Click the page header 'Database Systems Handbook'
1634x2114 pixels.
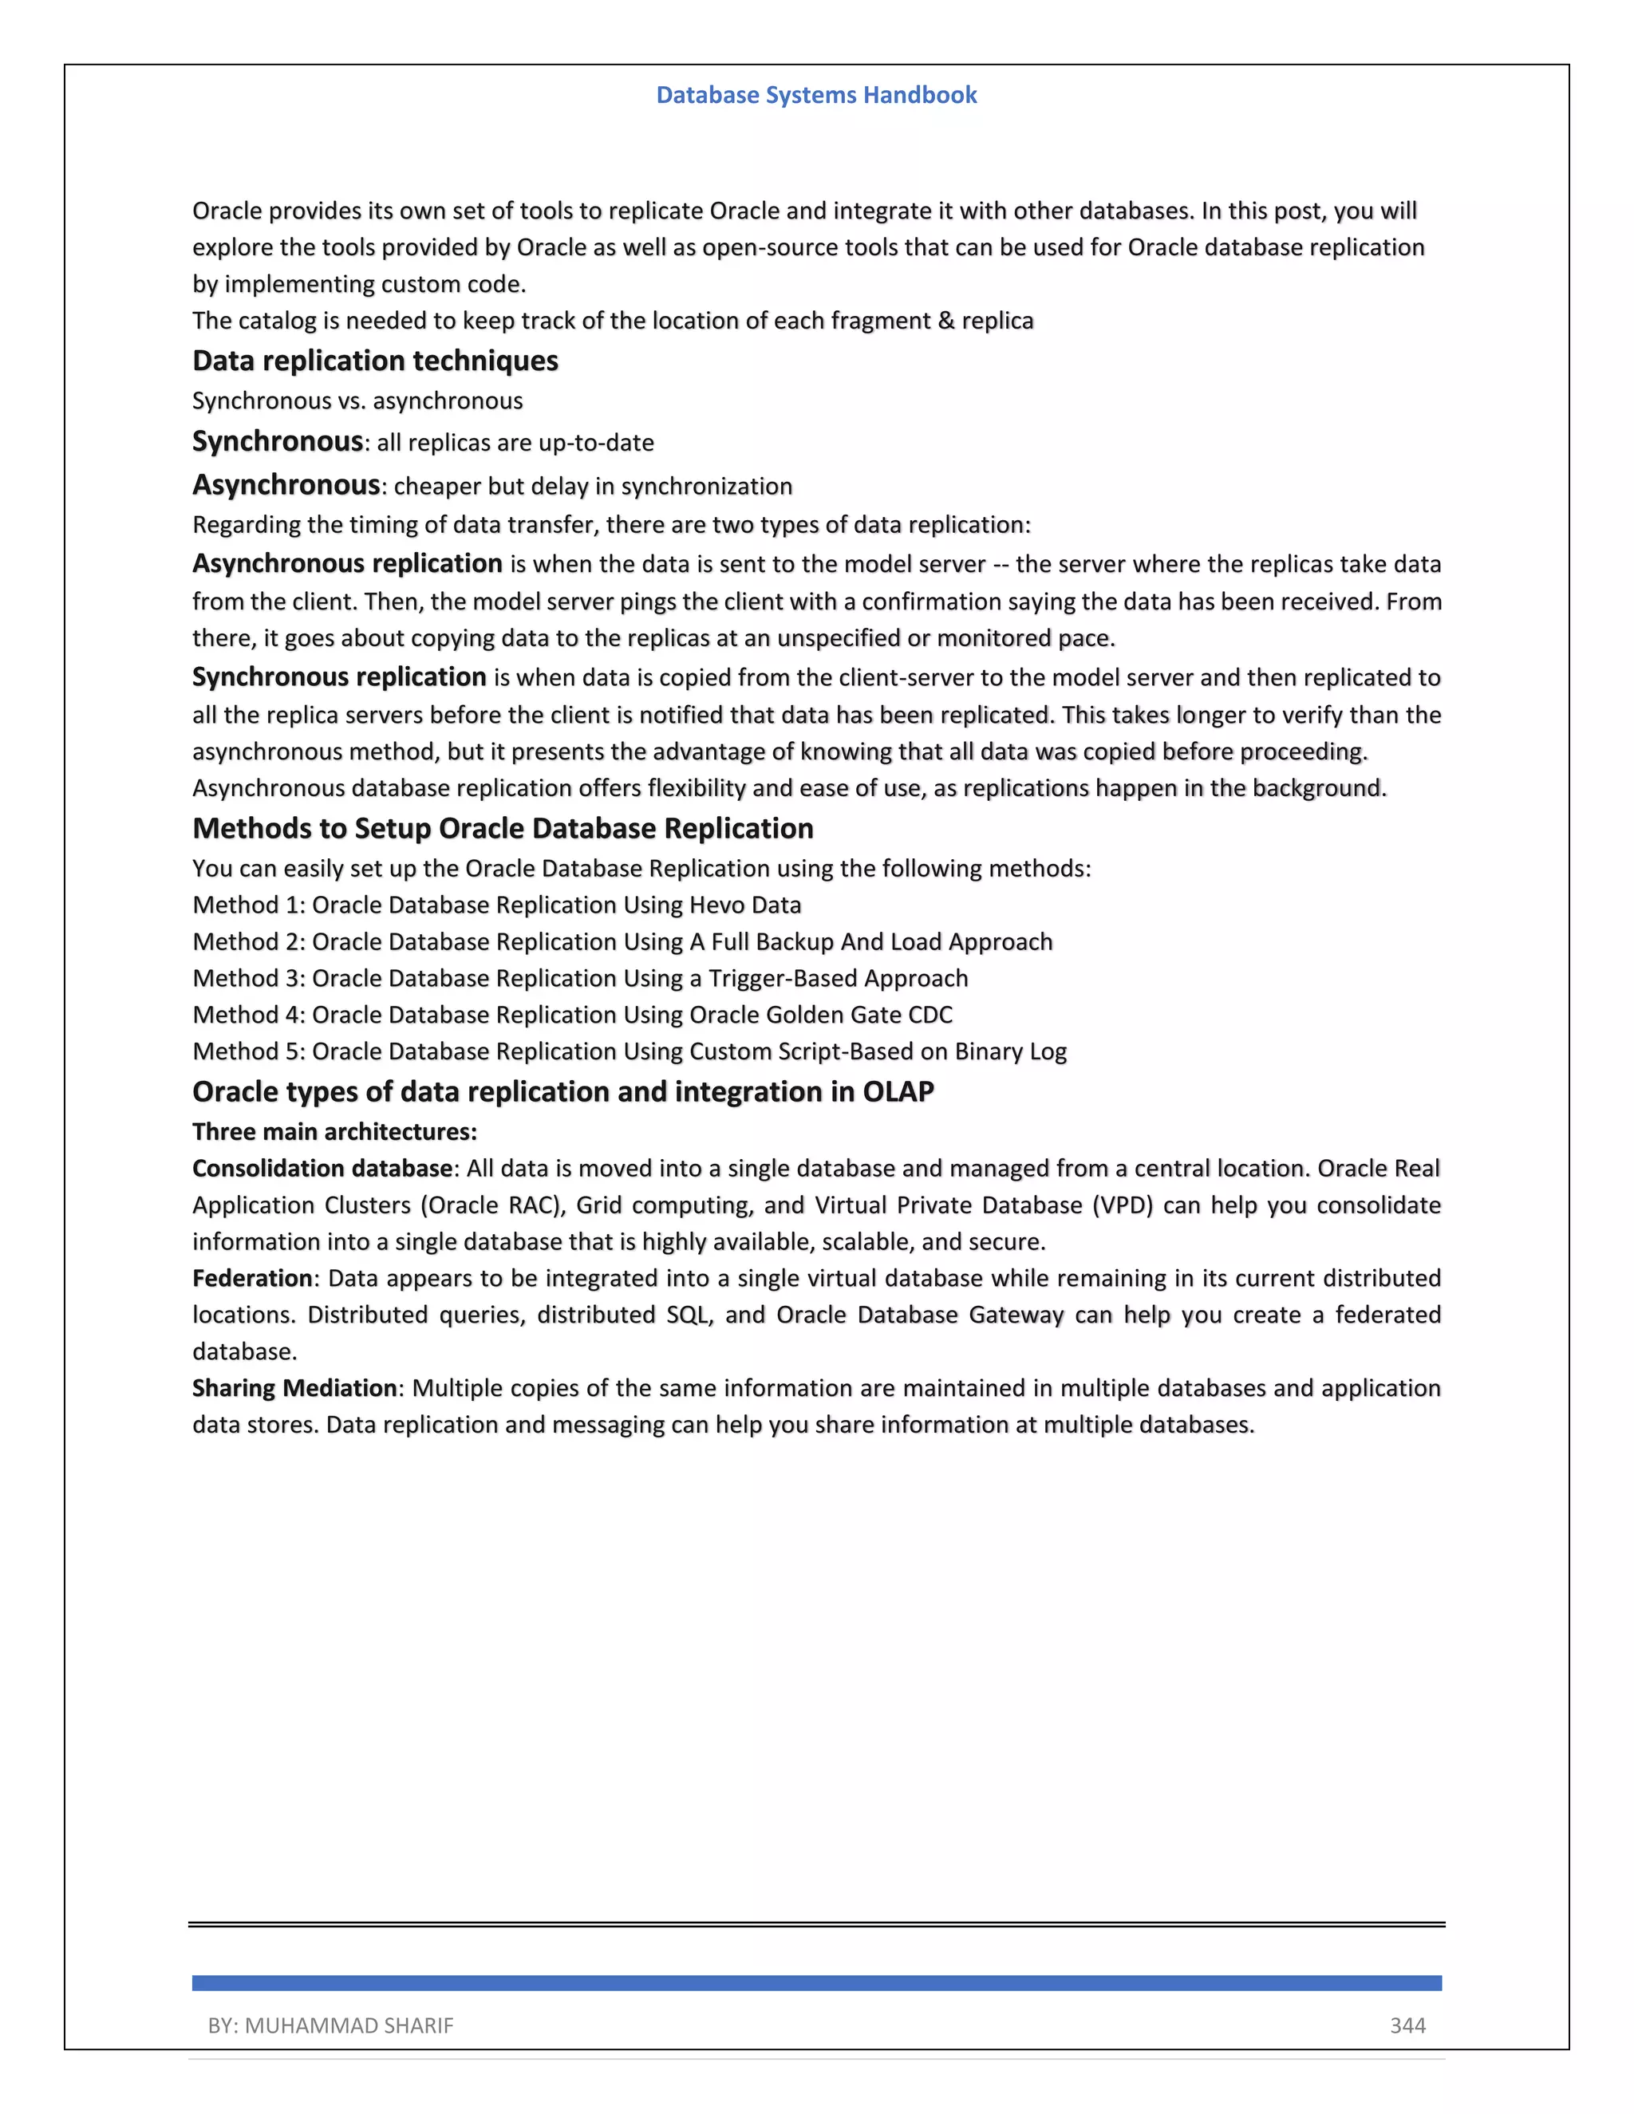coord(816,95)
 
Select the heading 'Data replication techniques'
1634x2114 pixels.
coord(375,361)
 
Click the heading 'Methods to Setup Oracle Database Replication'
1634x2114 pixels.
coord(503,829)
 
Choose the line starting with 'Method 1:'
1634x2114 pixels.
coord(496,905)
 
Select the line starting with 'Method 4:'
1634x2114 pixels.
coord(572,1015)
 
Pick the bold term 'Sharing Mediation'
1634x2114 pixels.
coord(294,1388)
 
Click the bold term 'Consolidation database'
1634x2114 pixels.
coord(322,1169)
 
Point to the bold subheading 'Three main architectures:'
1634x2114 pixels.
coord(334,1131)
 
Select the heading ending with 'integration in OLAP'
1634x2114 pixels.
coord(562,1092)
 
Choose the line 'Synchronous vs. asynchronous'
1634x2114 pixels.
coord(357,400)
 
